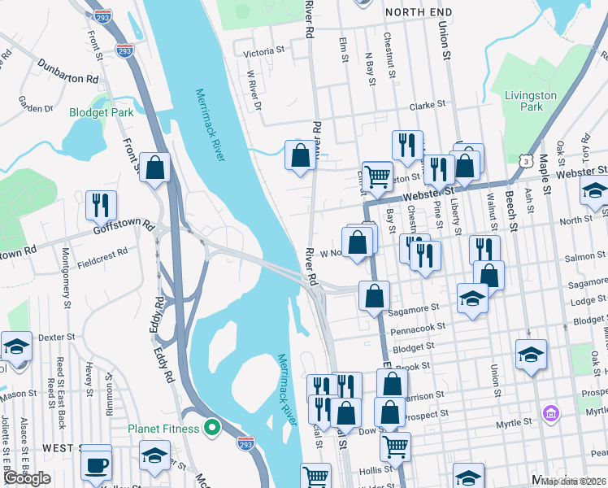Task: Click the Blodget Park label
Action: [101, 113]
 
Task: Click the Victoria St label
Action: [264, 51]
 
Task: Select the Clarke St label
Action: [428, 105]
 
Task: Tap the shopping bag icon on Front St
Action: [154, 167]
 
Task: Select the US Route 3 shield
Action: [528, 162]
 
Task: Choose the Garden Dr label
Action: [35, 104]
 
